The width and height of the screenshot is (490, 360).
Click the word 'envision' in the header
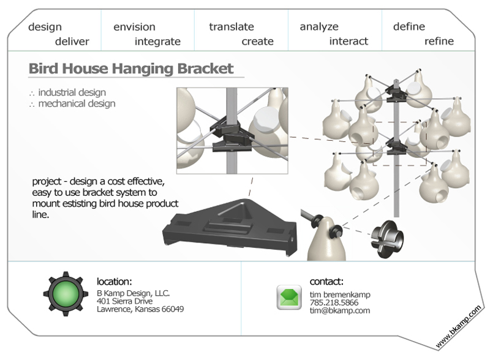(x=134, y=27)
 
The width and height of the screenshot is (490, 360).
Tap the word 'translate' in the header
(x=232, y=26)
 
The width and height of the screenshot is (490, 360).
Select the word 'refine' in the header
(x=439, y=41)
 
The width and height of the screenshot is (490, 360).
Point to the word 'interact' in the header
(x=349, y=41)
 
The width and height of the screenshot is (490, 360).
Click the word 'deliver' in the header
(x=72, y=41)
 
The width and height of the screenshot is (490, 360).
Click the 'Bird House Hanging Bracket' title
(x=131, y=69)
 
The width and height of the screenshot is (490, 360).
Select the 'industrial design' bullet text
(x=72, y=92)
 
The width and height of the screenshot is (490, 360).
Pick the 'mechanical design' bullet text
(x=77, y=103)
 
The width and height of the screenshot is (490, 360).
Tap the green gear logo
(x=66, y=294)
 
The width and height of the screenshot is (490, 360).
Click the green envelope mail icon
(x=289, y=297)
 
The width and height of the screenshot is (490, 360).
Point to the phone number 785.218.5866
(x=334, y=302)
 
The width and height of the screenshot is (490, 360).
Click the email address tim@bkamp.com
(x=340, y=310)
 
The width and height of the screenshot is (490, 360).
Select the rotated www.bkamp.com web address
(x=458, y=326)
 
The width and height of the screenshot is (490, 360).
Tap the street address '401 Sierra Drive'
(x=125, y=301)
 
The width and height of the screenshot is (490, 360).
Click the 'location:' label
(x=115, y=282)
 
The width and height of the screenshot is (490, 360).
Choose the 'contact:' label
(x=326, y=282)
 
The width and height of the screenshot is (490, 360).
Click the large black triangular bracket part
(x=230, y=227)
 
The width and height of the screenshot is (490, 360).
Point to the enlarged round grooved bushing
(x=386, y=239)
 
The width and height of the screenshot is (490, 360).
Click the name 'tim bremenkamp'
(x=340, y=294)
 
